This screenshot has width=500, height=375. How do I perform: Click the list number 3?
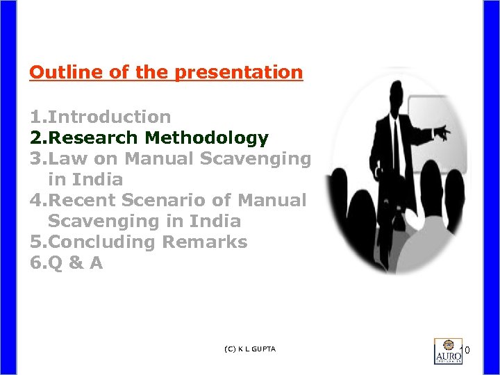point(35,159)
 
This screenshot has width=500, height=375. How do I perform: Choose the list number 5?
point(35,242)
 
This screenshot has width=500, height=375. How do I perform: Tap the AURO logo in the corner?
point(447,351)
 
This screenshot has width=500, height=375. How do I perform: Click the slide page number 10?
point(467,351)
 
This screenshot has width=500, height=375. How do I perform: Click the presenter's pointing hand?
point(442,132)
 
